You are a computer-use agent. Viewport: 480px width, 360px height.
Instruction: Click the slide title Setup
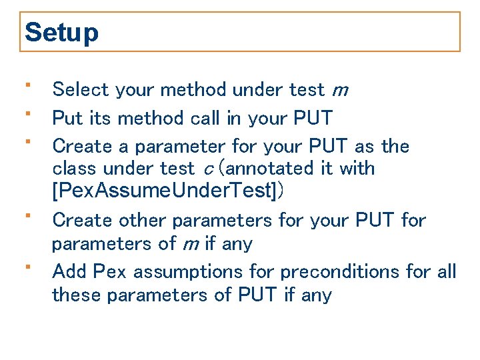click(61, 33)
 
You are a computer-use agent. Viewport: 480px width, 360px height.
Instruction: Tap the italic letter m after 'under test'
click(339, 90)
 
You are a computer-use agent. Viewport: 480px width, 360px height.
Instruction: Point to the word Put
click(67, 118)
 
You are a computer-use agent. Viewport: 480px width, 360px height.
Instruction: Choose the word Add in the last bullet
click(69, 272)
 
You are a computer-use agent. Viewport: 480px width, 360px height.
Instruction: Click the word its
click(101, 118)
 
